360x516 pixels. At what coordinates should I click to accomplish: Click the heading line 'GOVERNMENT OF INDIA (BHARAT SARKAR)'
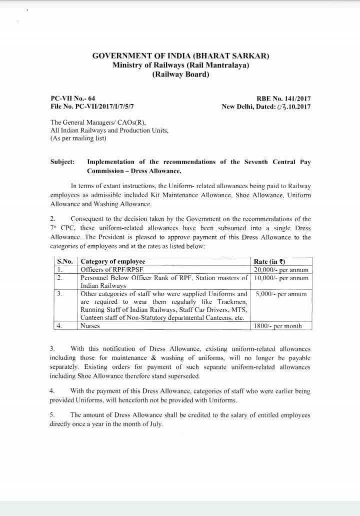(x=180, y=56)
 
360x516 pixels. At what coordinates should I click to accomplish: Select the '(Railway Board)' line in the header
(x=180, y=75)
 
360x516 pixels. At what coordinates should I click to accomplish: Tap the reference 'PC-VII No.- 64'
(x=73, y=99)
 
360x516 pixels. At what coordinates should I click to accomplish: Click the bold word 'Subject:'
(x=62, y=162)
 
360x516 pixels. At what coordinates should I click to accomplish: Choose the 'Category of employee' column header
(x=113, y=261)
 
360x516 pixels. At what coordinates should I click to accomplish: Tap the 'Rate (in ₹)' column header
(x=270, y=261)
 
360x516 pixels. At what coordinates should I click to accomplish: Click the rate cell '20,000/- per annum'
(x=281, y=269)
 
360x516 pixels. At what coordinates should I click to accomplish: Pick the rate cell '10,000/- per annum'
(x=281, y=278)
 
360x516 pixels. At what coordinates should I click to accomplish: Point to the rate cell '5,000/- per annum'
(x=281, y=294)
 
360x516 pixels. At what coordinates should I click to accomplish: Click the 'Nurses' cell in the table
(x=90, y=326)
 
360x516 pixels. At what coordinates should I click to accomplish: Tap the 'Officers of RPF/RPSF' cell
(x=111, y=269)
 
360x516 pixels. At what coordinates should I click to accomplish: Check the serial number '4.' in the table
(x=59, y=326)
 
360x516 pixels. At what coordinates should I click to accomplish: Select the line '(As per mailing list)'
(x=78, y=138)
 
